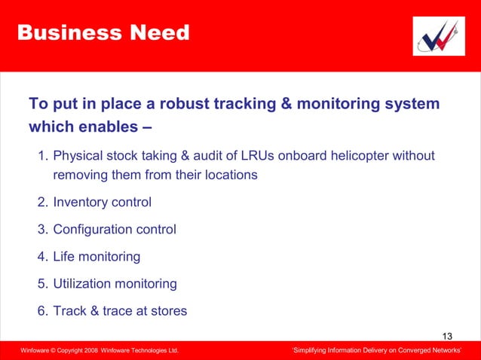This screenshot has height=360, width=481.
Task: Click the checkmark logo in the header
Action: click(439, 35)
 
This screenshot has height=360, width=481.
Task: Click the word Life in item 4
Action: click(64, 256)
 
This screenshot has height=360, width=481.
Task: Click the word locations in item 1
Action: click(228, 175)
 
